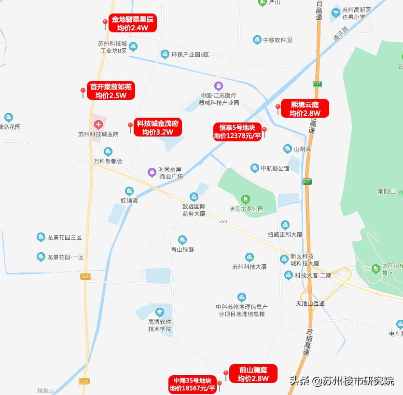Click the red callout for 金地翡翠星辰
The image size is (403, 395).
tap(132, 23)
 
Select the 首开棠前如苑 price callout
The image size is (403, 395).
tap(111, 91)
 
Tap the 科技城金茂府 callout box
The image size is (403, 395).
tap(157, 127)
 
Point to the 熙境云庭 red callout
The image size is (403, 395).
tap(305, 108)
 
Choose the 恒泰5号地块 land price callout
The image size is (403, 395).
tap(237, 131)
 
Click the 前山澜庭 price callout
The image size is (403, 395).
tap(253, 374)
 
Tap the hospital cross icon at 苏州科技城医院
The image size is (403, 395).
tap(98, 124)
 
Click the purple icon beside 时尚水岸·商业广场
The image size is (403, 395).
tap(152, 172)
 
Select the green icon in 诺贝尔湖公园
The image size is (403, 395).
tap(246, 199)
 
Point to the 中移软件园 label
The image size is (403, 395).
tap(278, 40)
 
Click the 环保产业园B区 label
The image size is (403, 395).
tap(190, 54)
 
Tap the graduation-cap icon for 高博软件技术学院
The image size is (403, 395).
tap(160, 312)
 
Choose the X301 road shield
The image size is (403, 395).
tap(222, 222)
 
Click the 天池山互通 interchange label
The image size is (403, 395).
tap(310, 303)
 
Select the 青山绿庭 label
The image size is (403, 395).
tap(182, 249)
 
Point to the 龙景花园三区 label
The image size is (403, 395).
tap(65, 237)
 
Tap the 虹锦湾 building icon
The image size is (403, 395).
tap(129, 191)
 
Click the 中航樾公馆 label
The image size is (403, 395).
tap(275, 168)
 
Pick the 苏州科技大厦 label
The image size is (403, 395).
tap(250, 267)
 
